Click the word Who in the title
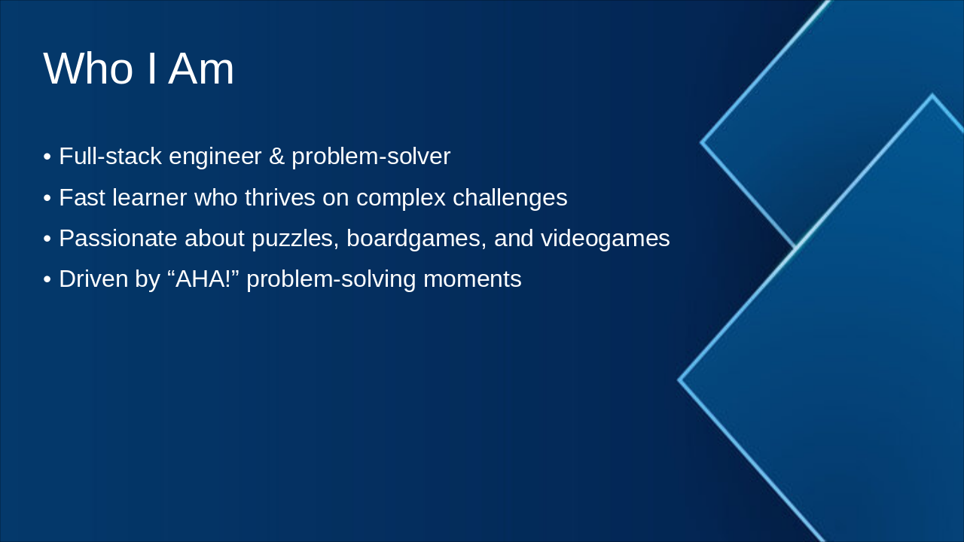88,69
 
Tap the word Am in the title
201,69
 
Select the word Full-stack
110,156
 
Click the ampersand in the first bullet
276,156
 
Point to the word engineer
215,157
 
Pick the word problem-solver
371,157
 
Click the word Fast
82,197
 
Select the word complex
401,198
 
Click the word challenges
510,198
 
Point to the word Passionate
118,239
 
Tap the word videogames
605,239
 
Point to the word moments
472,279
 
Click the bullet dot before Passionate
47,239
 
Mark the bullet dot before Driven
47,279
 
